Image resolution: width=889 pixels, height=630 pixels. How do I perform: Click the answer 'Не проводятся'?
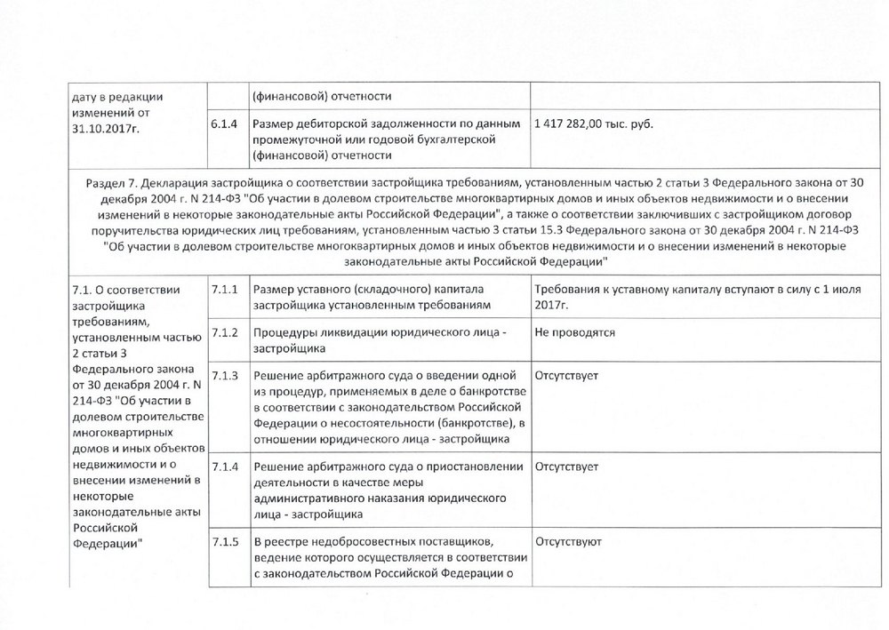[x=575, y=332]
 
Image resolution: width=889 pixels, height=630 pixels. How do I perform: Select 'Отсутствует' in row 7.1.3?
[x=567, y=376]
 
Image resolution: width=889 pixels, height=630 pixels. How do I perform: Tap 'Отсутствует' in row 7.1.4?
[x=567, y=466]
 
